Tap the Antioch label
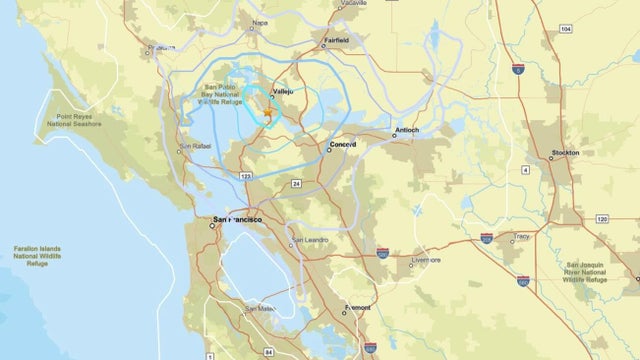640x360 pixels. pyautogui.click(x=406, y=130)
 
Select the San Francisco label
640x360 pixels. pyautogui.click(x=232, y=218)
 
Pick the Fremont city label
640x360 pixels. pyautogui.click(x=357, y=308)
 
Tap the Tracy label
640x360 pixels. pyautogui.click(x=520, y=236)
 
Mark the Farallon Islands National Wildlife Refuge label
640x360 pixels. pyautogui.click(x=38, y=256)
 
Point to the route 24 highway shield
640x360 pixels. pyautogui.click(x=297, y=184)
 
